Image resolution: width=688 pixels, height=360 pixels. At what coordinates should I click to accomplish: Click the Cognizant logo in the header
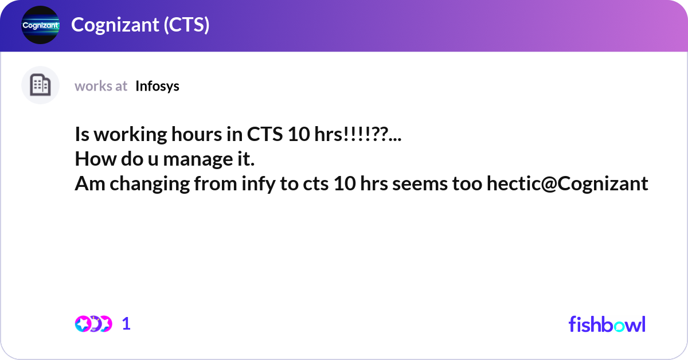tap(40, 25)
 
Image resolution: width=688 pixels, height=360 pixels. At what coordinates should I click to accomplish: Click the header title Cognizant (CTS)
tap(140, 25)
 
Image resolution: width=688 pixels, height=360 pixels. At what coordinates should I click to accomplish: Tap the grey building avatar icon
tap(40, 85)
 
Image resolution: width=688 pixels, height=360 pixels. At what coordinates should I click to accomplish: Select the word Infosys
tap(157, 86)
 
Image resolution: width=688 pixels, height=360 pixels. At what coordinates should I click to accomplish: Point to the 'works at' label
tap(101, 86)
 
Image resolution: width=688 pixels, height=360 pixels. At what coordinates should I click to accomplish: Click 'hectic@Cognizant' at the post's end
tap(567, 183)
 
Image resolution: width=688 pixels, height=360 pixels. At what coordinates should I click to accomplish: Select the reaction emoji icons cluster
tap(93, 324)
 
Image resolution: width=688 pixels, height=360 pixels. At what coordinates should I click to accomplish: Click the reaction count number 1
tap(126, 324)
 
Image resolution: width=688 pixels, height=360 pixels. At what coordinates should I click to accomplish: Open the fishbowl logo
tap(607, 324)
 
